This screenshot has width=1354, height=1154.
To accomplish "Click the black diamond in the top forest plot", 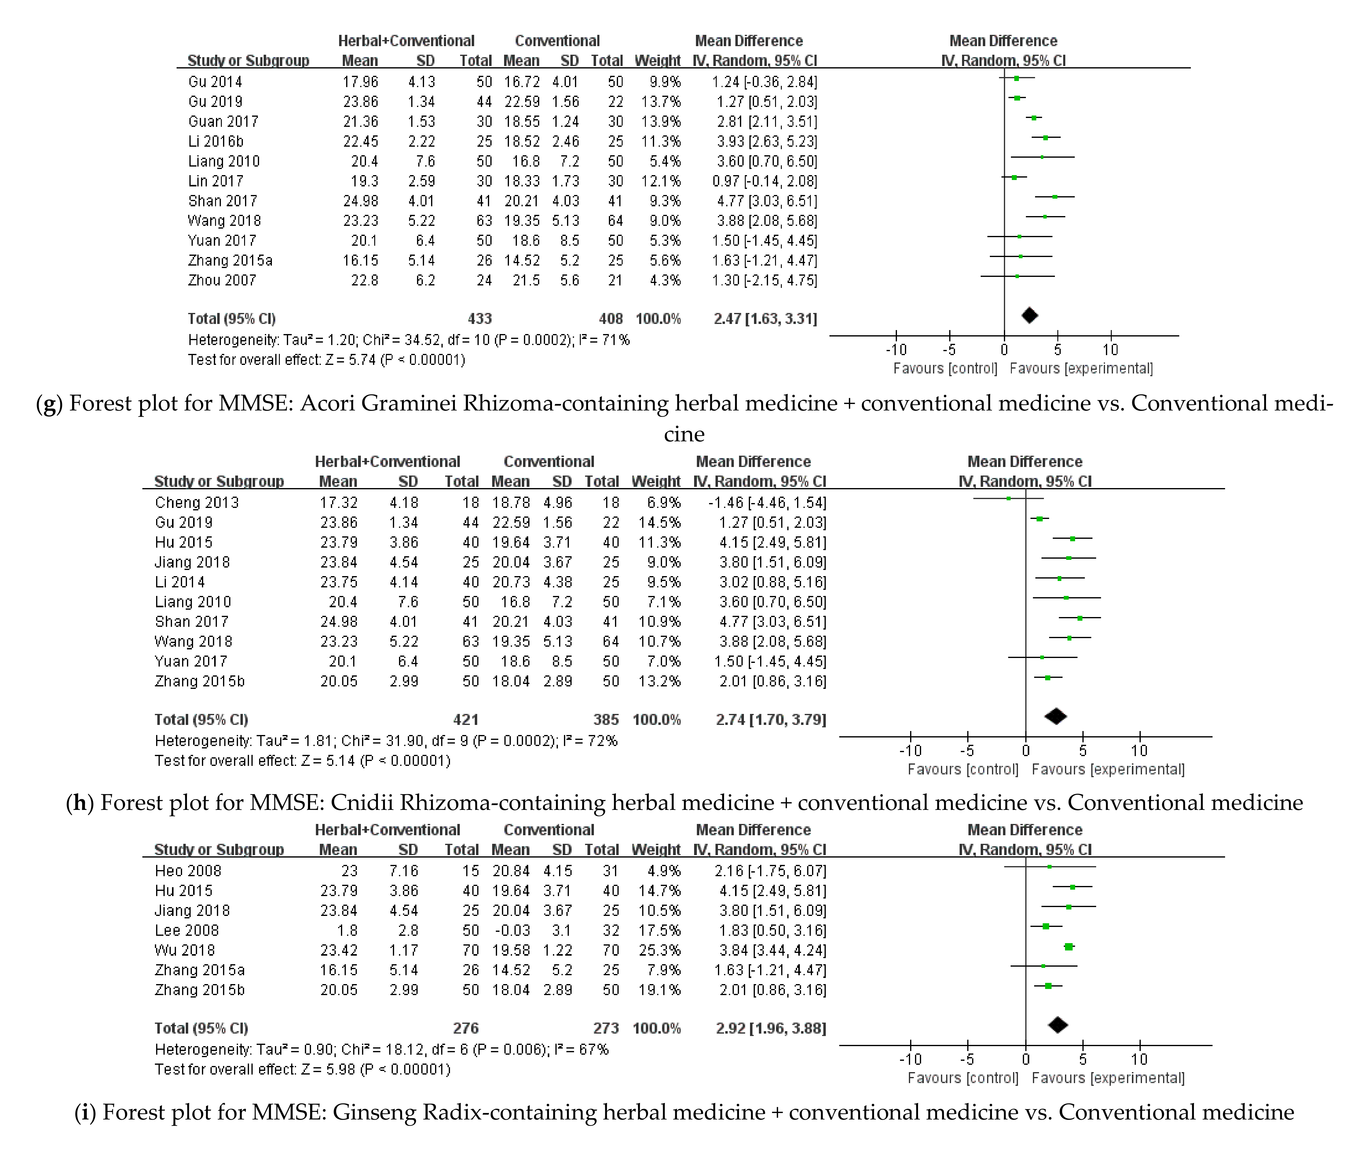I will (1029, 316).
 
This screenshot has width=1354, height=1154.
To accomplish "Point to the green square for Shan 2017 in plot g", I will (1055, 196).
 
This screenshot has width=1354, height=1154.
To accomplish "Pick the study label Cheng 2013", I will (197, 503).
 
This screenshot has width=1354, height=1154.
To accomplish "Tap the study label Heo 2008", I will (188, 871).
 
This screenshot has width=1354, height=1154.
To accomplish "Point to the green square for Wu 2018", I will (1069, 947).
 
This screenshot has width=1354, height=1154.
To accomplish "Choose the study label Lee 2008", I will (187, 930).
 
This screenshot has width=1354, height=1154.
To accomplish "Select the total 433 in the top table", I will (480, 319).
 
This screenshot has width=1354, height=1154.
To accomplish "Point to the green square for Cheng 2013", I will (1008, 499).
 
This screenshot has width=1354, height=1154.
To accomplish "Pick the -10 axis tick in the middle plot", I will (910, 751).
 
